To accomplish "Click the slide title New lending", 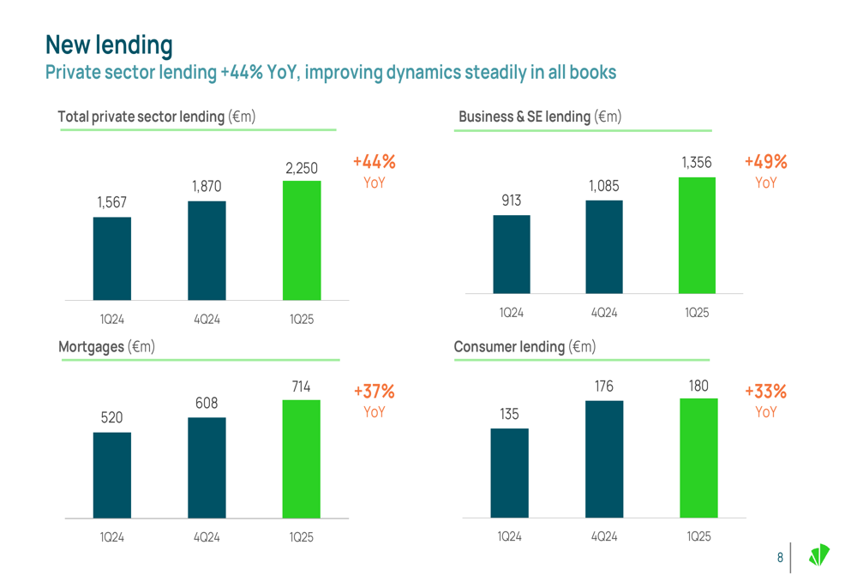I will coord(109,45).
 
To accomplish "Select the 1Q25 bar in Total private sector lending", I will coord(302,240).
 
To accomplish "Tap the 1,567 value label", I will coord(111,202).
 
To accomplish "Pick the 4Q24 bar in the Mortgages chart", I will coord(207,467).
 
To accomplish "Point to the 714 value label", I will coord(301,387).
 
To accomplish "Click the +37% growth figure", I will coord(375,392).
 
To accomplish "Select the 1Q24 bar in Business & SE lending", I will coord(512,254).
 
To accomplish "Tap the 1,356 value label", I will coord(697,162).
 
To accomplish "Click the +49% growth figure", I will coord(765,162).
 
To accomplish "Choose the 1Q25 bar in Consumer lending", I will coord(698,458).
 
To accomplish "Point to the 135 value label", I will coord(509,415).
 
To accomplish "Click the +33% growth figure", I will coord(765,392).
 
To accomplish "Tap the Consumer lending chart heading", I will coord(524,347).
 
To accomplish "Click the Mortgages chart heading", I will coord(106,347).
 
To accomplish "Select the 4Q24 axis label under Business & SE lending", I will coord(604,313).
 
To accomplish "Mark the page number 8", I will coord(780,558).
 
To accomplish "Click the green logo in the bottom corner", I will coord(819,555).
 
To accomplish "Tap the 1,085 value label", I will coord(603,186).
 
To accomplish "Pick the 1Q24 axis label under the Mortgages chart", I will coord(112,537).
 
